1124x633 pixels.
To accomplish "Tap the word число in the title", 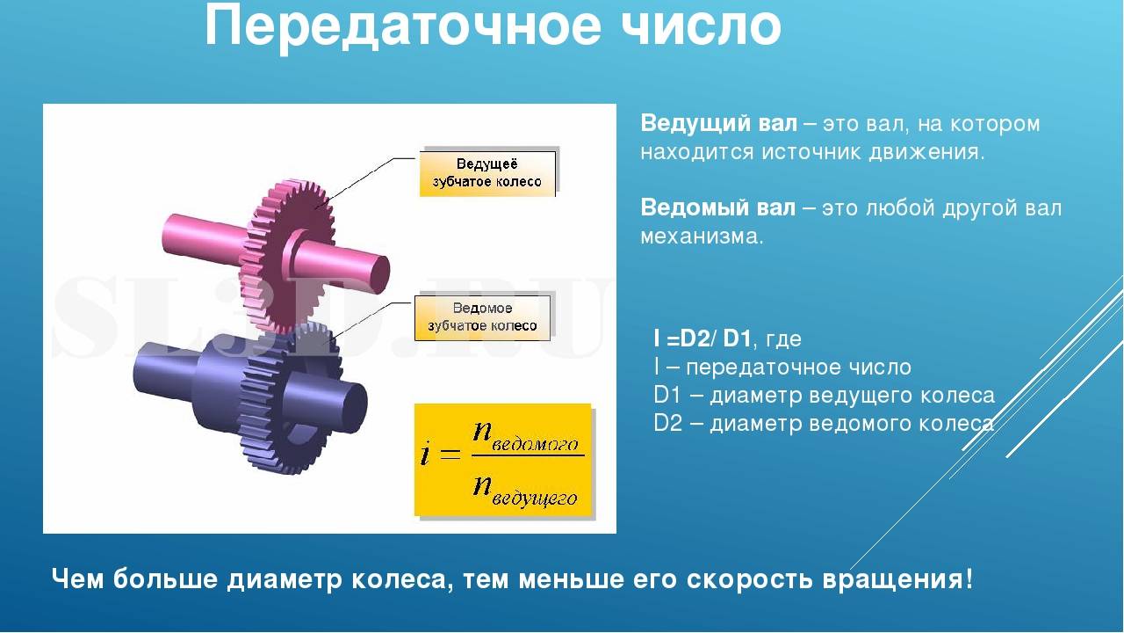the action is coord(701,27).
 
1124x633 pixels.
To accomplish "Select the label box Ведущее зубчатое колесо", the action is coord(487,173).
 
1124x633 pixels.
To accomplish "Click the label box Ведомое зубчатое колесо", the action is coord(482,317).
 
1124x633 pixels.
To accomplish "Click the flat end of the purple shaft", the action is coord(353,407).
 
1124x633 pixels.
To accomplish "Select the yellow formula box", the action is coord(503,460).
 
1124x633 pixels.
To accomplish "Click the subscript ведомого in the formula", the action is coord(535,445).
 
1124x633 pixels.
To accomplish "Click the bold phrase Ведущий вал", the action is coord(718,123).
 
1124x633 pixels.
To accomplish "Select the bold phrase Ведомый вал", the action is coord(718,207).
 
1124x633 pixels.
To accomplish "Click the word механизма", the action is coord(702,236).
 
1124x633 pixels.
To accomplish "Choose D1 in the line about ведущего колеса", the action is coord(667,396).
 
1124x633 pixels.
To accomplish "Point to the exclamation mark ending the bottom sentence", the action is coord(968,578).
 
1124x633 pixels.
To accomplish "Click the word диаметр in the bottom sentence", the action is coord(285,579).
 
